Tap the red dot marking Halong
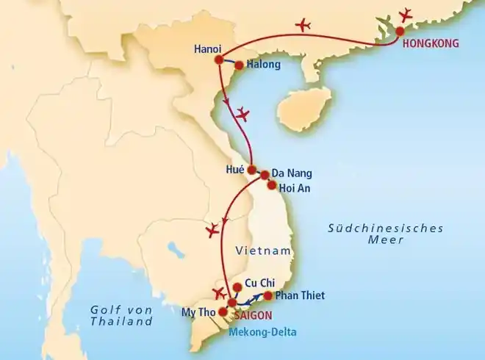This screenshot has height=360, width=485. (x=239, y=65)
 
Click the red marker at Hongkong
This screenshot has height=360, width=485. (x=400, y=32)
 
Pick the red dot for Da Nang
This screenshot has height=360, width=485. (x=265, y=176)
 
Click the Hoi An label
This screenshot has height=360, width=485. (x=296, y=187)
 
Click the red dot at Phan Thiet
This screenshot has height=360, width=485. (x=267, y=296)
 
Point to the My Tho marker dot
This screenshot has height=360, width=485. (x=223, y=311)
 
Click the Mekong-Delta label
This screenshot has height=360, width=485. (x=264, y=331)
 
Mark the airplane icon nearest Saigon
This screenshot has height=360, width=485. (x=218, y=294)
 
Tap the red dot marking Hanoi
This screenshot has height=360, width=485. (x=218, y=59)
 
